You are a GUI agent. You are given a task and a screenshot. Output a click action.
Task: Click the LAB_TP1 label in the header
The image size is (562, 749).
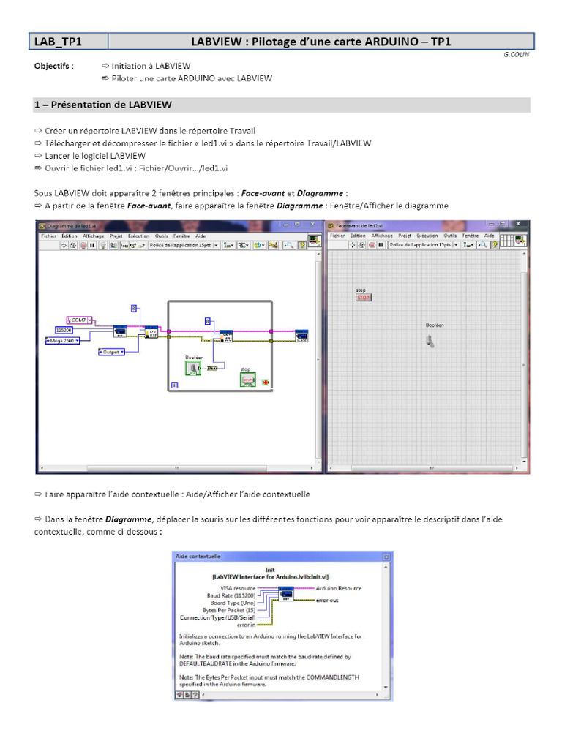click(59, 42)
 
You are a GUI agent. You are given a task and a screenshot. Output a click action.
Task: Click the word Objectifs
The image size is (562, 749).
click(53, 66)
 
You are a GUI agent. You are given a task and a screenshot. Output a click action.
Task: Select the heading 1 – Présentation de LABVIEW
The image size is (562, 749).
click(103, 105)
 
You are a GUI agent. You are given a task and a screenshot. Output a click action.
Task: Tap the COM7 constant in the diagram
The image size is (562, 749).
click(80, 320)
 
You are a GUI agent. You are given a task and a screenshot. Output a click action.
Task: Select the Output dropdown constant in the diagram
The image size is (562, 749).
click(111, 352)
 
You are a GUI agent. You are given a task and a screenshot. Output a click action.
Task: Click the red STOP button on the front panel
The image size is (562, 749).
click(364, 298)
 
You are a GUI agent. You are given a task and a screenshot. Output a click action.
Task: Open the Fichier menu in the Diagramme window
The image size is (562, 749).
click(49, 236)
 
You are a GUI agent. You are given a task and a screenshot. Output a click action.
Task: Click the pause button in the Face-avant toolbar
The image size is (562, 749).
click(381, 245)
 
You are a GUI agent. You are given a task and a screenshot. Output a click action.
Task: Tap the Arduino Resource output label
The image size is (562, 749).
click(338, 587)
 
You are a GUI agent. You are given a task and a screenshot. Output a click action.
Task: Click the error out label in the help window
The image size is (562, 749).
click(327, 600)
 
